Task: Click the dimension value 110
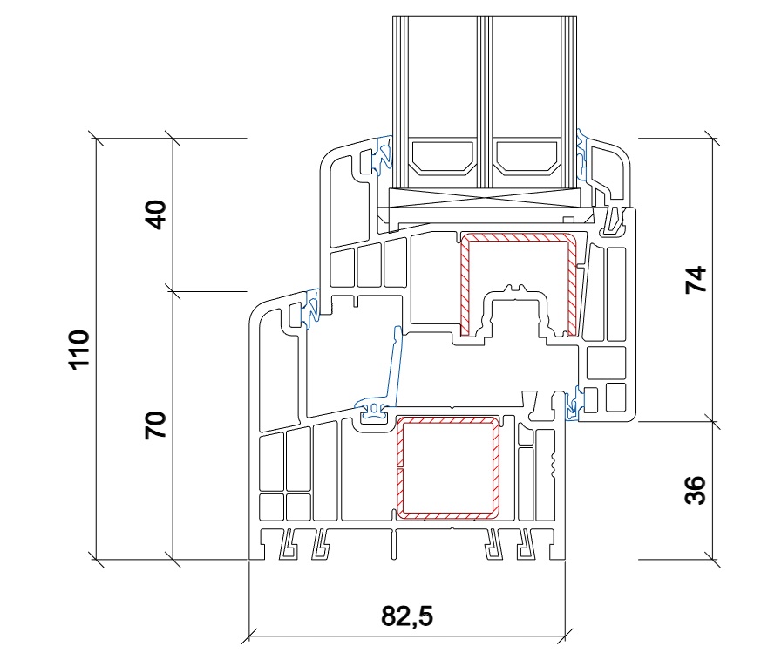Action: point(79,350)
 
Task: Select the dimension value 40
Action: point(156,214)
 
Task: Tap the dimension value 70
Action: point(156,425)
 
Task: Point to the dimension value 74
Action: point(696,279)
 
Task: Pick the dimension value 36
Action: point(696,491)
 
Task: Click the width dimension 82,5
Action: point(407,616)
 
